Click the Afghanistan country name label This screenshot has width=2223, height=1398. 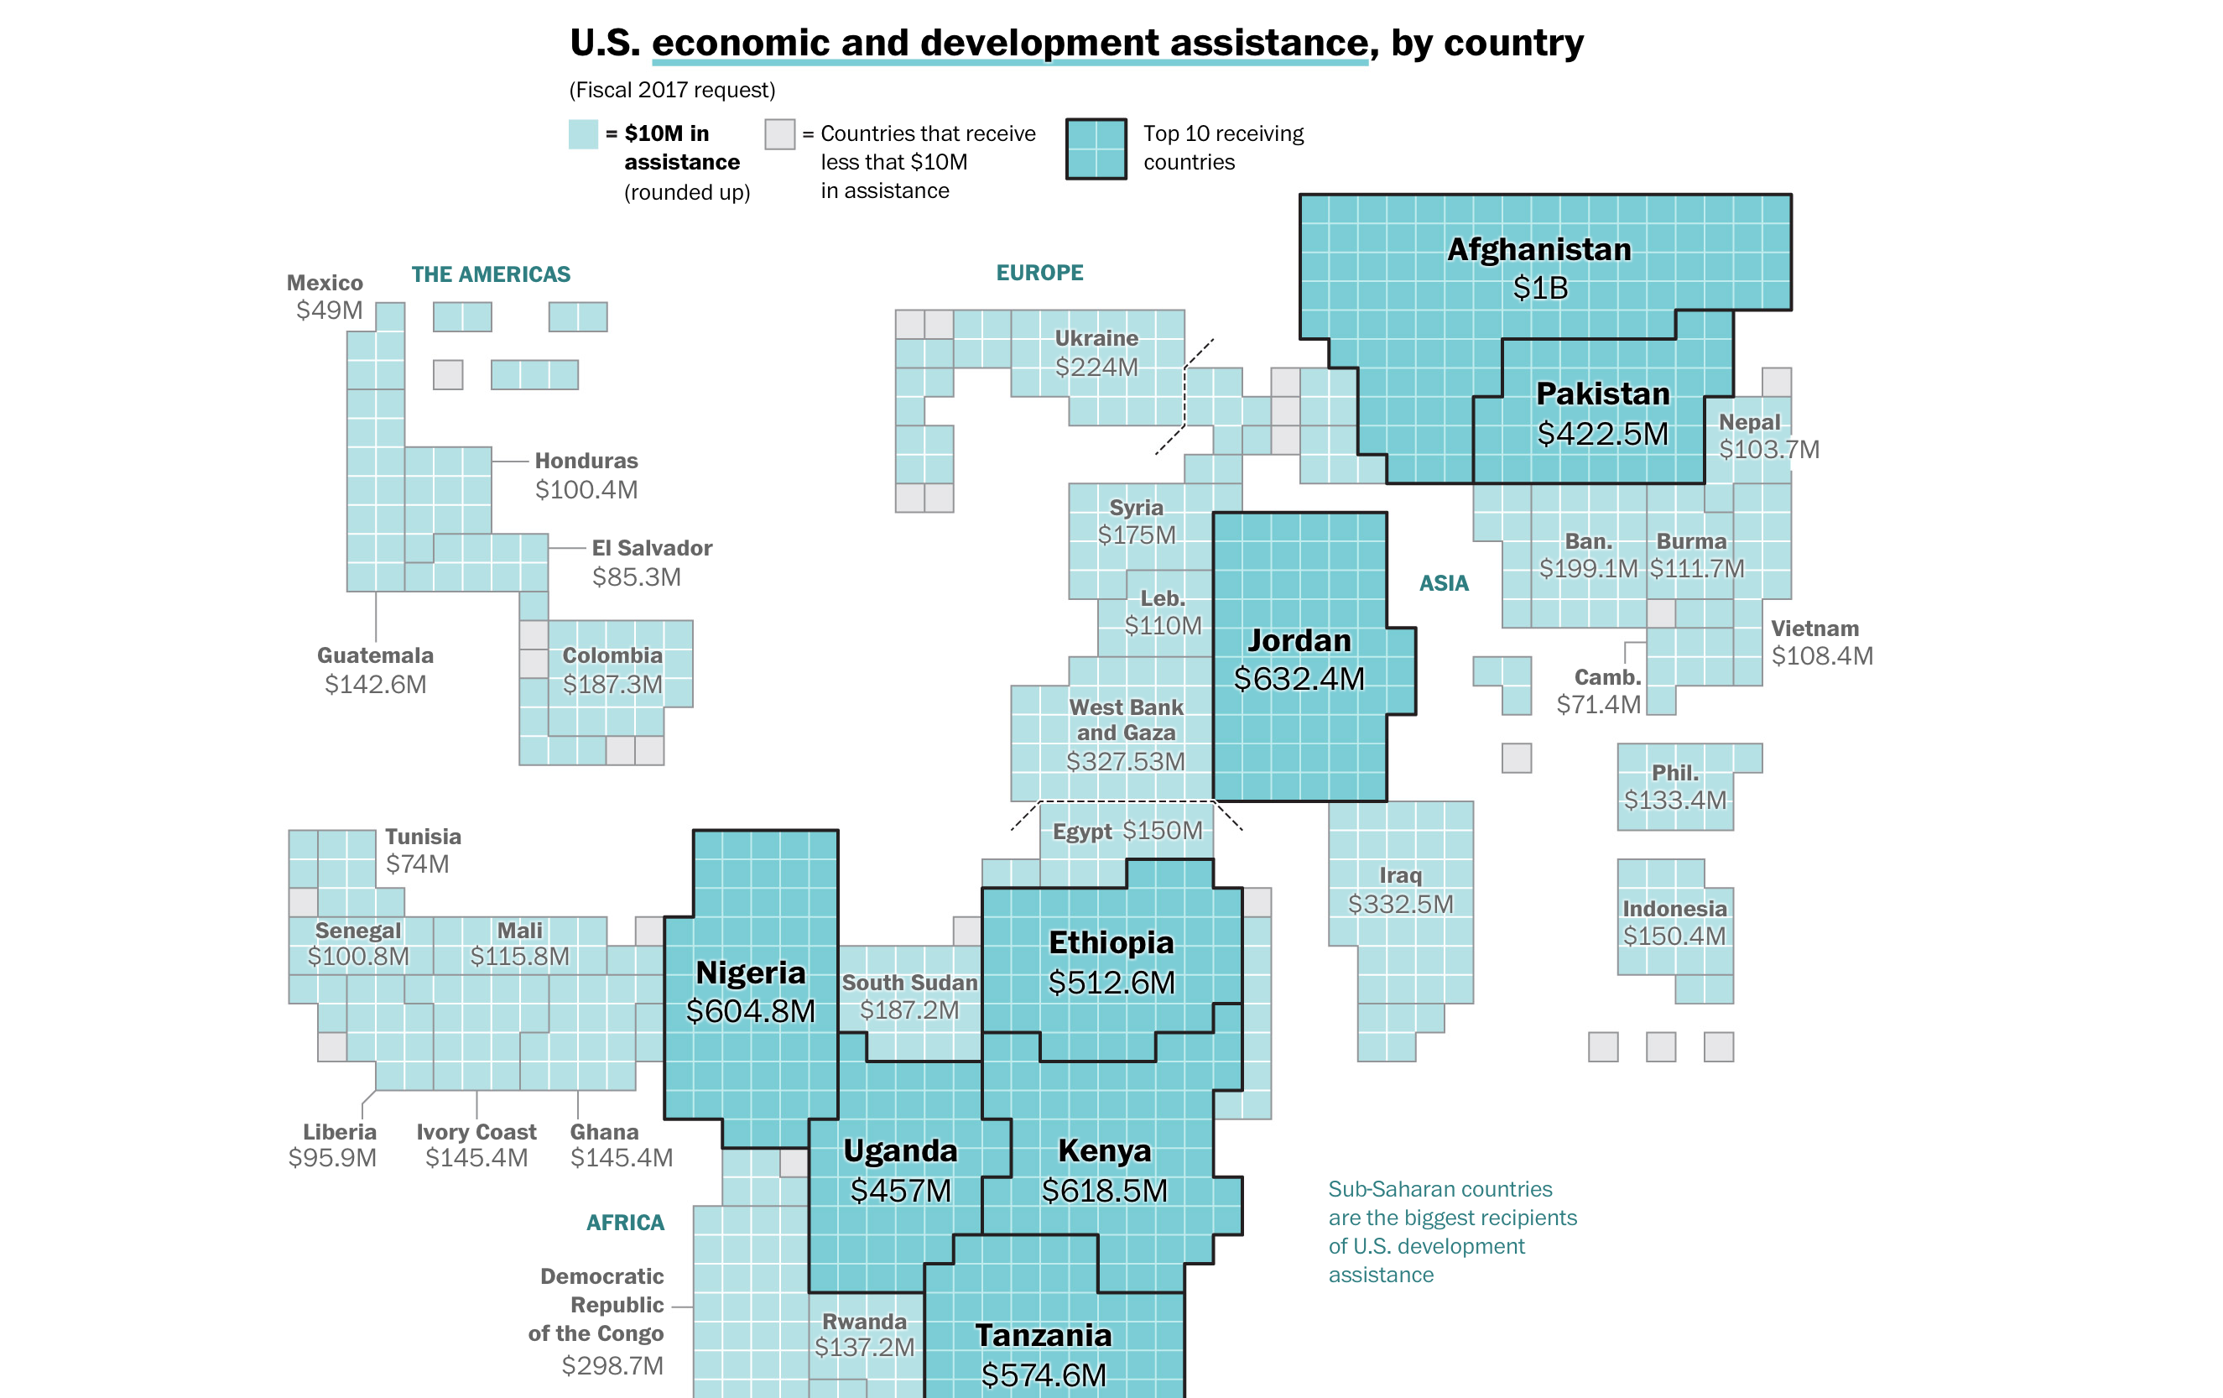[x=1539, y=249]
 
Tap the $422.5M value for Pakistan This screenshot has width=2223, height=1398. [x=1601, y=433]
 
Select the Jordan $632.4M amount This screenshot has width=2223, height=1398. [x=1298, y=679]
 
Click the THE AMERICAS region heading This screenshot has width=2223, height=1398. [x=490, y=274]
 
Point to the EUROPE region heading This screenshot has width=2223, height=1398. [x=1039, y=273]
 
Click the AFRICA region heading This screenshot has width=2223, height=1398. [x=625, y=1222]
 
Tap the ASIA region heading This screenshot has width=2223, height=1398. [x=1443, y=582]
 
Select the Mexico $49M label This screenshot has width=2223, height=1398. [x=329, y=310]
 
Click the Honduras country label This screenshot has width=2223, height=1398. [x=586, y=461]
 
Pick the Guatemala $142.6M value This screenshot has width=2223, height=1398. [x=375, y=684]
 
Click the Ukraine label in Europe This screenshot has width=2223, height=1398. [x=1096, y=338]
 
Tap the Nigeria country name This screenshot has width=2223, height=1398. [x=750, y=973]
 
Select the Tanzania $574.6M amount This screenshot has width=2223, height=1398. [x=1044, y=1375]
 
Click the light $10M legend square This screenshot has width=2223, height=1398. [x=582, y=134]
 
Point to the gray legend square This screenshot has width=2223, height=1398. [x=779, y=134]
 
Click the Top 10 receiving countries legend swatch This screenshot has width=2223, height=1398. [x=1096, y=149]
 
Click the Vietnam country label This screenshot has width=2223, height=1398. [x=1814, y=628]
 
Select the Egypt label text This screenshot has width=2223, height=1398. [x=1081, y=831]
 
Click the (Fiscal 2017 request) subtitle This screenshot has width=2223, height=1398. [x=671, y=90]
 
